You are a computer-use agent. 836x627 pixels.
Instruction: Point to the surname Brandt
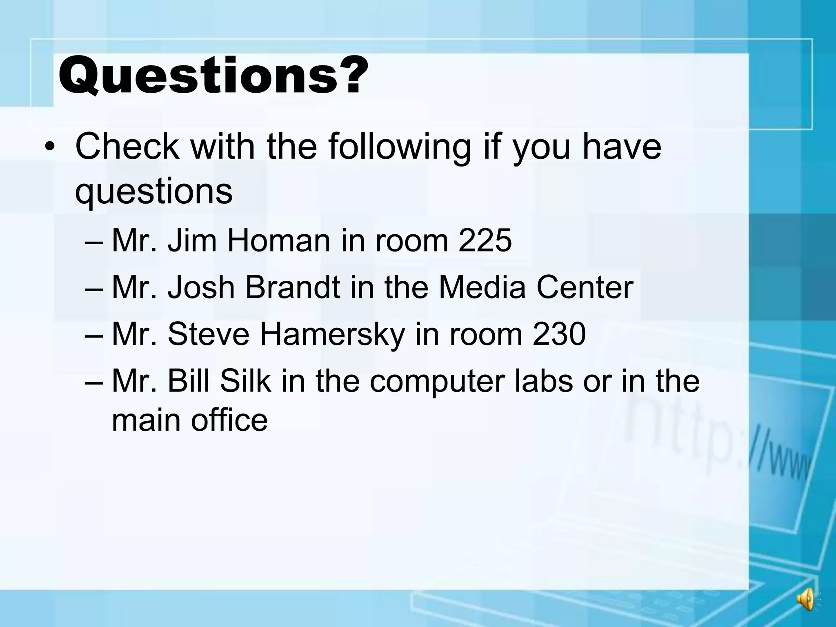[x=292, y=287]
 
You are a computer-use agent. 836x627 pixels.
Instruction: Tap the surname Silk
[x=245, y=380]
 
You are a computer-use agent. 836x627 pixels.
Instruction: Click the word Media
[x=482, y=287]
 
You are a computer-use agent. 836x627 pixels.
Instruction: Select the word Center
[x=585, y=287]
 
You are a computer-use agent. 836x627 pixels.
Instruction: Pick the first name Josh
[x=201, y=287]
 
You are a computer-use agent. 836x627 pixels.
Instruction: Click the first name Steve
[x=208, y=334]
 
